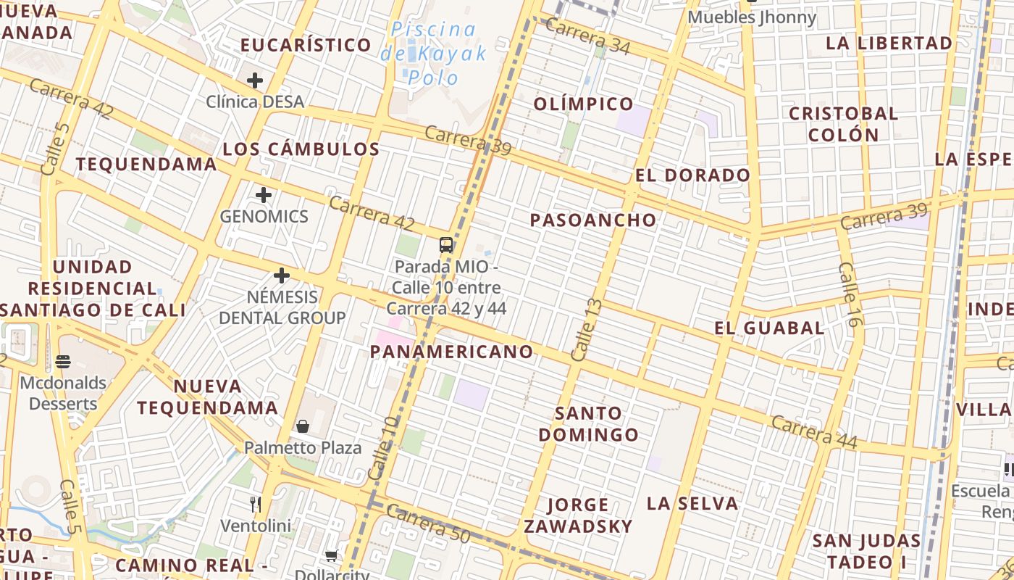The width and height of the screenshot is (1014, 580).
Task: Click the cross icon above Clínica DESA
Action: coord(255,80)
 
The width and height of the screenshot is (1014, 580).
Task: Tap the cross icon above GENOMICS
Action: coord(264,195)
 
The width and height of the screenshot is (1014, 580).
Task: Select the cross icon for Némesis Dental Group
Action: coord(282,275)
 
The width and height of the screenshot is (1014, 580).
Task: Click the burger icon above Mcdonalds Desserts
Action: coord(63,360)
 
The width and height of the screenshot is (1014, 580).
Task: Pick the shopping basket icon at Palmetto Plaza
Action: coord(303,426)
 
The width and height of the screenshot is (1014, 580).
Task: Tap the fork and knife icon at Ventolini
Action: coord(255,504)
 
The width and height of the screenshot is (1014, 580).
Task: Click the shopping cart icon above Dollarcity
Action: coord(331,555)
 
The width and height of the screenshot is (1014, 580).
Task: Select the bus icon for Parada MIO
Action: coord(446,244)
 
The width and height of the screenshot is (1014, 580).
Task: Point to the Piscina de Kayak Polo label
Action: coord(434,53)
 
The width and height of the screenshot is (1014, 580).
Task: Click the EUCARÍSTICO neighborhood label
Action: coord(306,45)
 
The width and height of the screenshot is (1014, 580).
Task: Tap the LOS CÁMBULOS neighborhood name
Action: coord(301,149)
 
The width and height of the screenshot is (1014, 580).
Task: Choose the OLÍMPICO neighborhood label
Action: coord(584,104)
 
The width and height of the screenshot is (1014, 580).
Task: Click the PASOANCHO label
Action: coord(593,220)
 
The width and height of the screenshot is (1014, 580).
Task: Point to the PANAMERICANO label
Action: coord(452,352)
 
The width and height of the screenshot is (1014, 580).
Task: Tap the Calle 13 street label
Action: coord(586,330)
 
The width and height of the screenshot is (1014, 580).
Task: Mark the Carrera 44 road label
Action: coord(814,432)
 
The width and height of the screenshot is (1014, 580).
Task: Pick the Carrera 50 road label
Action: coord(428,523)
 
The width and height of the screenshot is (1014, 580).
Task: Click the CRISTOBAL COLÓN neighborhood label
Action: coord(843,124)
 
